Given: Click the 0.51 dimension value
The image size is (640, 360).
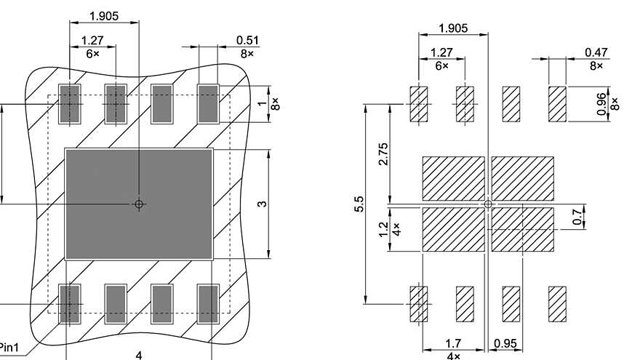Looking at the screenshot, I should [247, 41].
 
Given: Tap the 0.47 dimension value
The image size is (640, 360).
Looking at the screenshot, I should [596, 53].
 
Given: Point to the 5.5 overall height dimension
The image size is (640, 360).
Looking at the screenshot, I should [359, 204].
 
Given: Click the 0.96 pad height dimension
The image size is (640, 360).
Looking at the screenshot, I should [601, 103].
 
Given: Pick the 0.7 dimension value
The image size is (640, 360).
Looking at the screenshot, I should [578, 217].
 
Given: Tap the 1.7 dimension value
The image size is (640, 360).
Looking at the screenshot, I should [453, 343].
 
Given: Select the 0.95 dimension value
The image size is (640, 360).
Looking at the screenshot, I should [505, 343].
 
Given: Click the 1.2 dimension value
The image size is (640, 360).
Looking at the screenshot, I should [384, 230].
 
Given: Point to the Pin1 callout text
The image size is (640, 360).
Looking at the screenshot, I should [10, 347].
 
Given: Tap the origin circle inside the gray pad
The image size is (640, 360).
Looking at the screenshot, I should [139, 204].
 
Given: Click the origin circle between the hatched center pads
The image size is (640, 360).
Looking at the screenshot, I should [488, 204].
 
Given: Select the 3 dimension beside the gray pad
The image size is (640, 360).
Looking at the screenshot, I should [262, 204].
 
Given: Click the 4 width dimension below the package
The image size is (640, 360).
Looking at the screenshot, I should [139, 354].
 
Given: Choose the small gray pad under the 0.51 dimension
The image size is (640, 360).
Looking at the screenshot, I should [208, 104].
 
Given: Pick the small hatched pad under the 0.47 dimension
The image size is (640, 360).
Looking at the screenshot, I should [557, 104].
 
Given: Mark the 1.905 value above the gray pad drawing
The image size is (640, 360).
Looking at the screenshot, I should [104, 15].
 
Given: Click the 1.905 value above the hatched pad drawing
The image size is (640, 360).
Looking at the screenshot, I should [453, 28].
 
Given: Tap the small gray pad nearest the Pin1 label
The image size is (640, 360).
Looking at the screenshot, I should [69, 303].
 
